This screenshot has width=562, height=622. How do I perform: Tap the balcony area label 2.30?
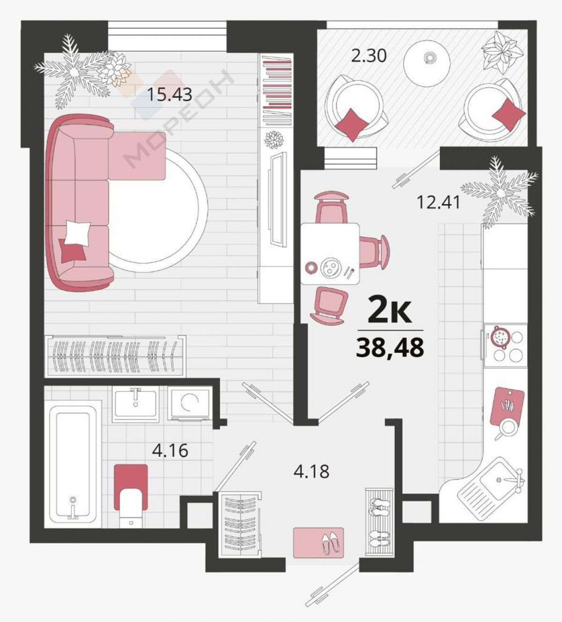[x=369, y=56]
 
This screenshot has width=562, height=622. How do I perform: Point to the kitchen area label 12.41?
[x=438, y=203]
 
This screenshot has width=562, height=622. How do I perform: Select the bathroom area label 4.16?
[x=170, y=451]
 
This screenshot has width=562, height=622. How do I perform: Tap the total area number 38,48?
[x=390, y=348]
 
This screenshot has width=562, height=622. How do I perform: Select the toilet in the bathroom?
[x=131, y=496]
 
